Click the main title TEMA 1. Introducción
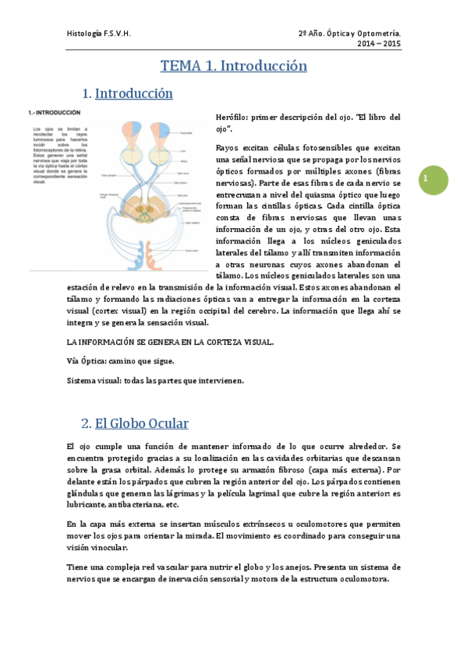click(234, 66)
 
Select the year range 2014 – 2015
click(379, 45)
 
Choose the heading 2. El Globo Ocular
click(135, 424)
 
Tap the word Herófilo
click(233, 117)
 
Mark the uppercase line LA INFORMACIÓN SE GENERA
click(170, 342)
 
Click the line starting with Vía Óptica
click(121, 361)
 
